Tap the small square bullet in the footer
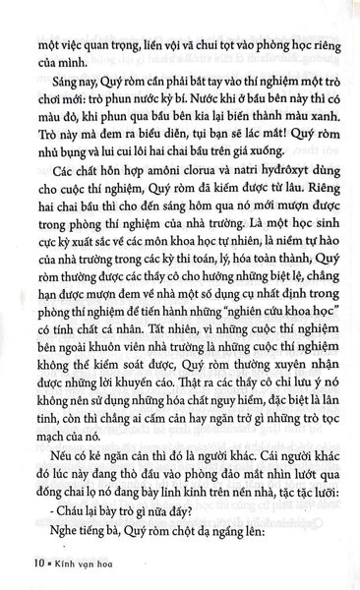pos(39,563)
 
